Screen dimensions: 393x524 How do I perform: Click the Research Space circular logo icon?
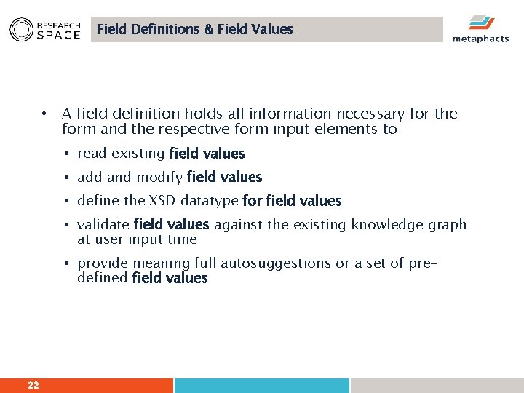coord(21,29)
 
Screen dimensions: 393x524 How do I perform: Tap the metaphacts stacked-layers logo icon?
coord(480,22)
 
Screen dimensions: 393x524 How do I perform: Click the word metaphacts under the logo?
coord(480,39)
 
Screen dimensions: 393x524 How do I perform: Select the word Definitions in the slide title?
coord(164,30)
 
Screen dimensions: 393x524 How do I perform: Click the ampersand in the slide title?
coord(208,30)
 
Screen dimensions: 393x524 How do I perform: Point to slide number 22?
coord(33,385)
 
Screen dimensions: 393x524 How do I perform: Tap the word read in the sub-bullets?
coord(91,154)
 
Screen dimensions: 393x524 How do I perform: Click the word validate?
coord(103,225)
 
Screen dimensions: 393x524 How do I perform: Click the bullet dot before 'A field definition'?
coord(44,114)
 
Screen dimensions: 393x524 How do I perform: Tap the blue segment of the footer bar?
coord(261,385)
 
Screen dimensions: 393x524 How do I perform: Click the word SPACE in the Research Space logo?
coord(58,35)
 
